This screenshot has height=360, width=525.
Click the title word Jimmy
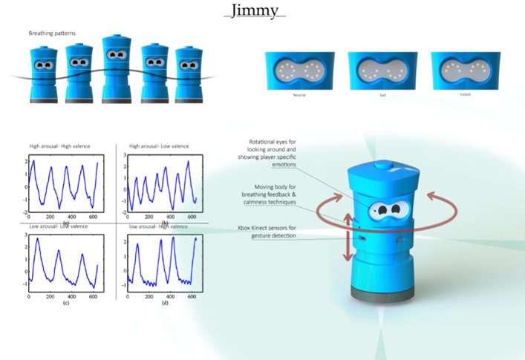click(x=255, y=11)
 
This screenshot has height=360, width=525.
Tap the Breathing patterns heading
click(x=57, y=33)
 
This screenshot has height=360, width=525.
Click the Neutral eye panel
click(x=299, y=71)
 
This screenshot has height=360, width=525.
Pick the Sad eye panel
click(x=382, y=71)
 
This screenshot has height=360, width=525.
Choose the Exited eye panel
click(x=465, y=71)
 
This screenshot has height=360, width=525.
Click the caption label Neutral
click(x=299, y=95)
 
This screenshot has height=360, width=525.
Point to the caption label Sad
click(x=382, y=95)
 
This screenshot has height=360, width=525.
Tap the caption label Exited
click(x=465, y=95)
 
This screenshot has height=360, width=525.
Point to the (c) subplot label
click(x=66, y=303)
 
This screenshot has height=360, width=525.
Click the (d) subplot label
click(x=165, y=303)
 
